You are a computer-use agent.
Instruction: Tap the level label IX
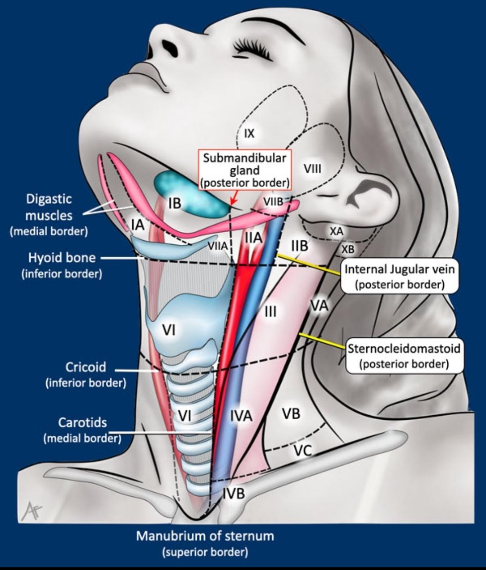(x=249, y=133)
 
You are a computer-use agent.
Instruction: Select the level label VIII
(x=312, y=169)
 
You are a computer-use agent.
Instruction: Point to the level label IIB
(x=300, y=246)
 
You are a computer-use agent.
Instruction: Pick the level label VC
(x=303, y=450)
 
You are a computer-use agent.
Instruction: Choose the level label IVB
(x=234, y=494)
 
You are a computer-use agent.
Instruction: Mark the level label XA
(x=337, y=231)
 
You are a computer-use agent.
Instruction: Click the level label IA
(x=138, y=224)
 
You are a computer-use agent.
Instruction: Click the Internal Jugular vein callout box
(x=400, y=276)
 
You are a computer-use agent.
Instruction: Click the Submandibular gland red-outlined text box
(x=244, y=170)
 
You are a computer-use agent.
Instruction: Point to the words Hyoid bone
(x=62, y=258)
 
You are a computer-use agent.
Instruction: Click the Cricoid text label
(x=86, y=367)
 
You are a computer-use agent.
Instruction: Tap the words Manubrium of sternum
(x=205, y=536)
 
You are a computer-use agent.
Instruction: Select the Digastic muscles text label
(x=49, y=207)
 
